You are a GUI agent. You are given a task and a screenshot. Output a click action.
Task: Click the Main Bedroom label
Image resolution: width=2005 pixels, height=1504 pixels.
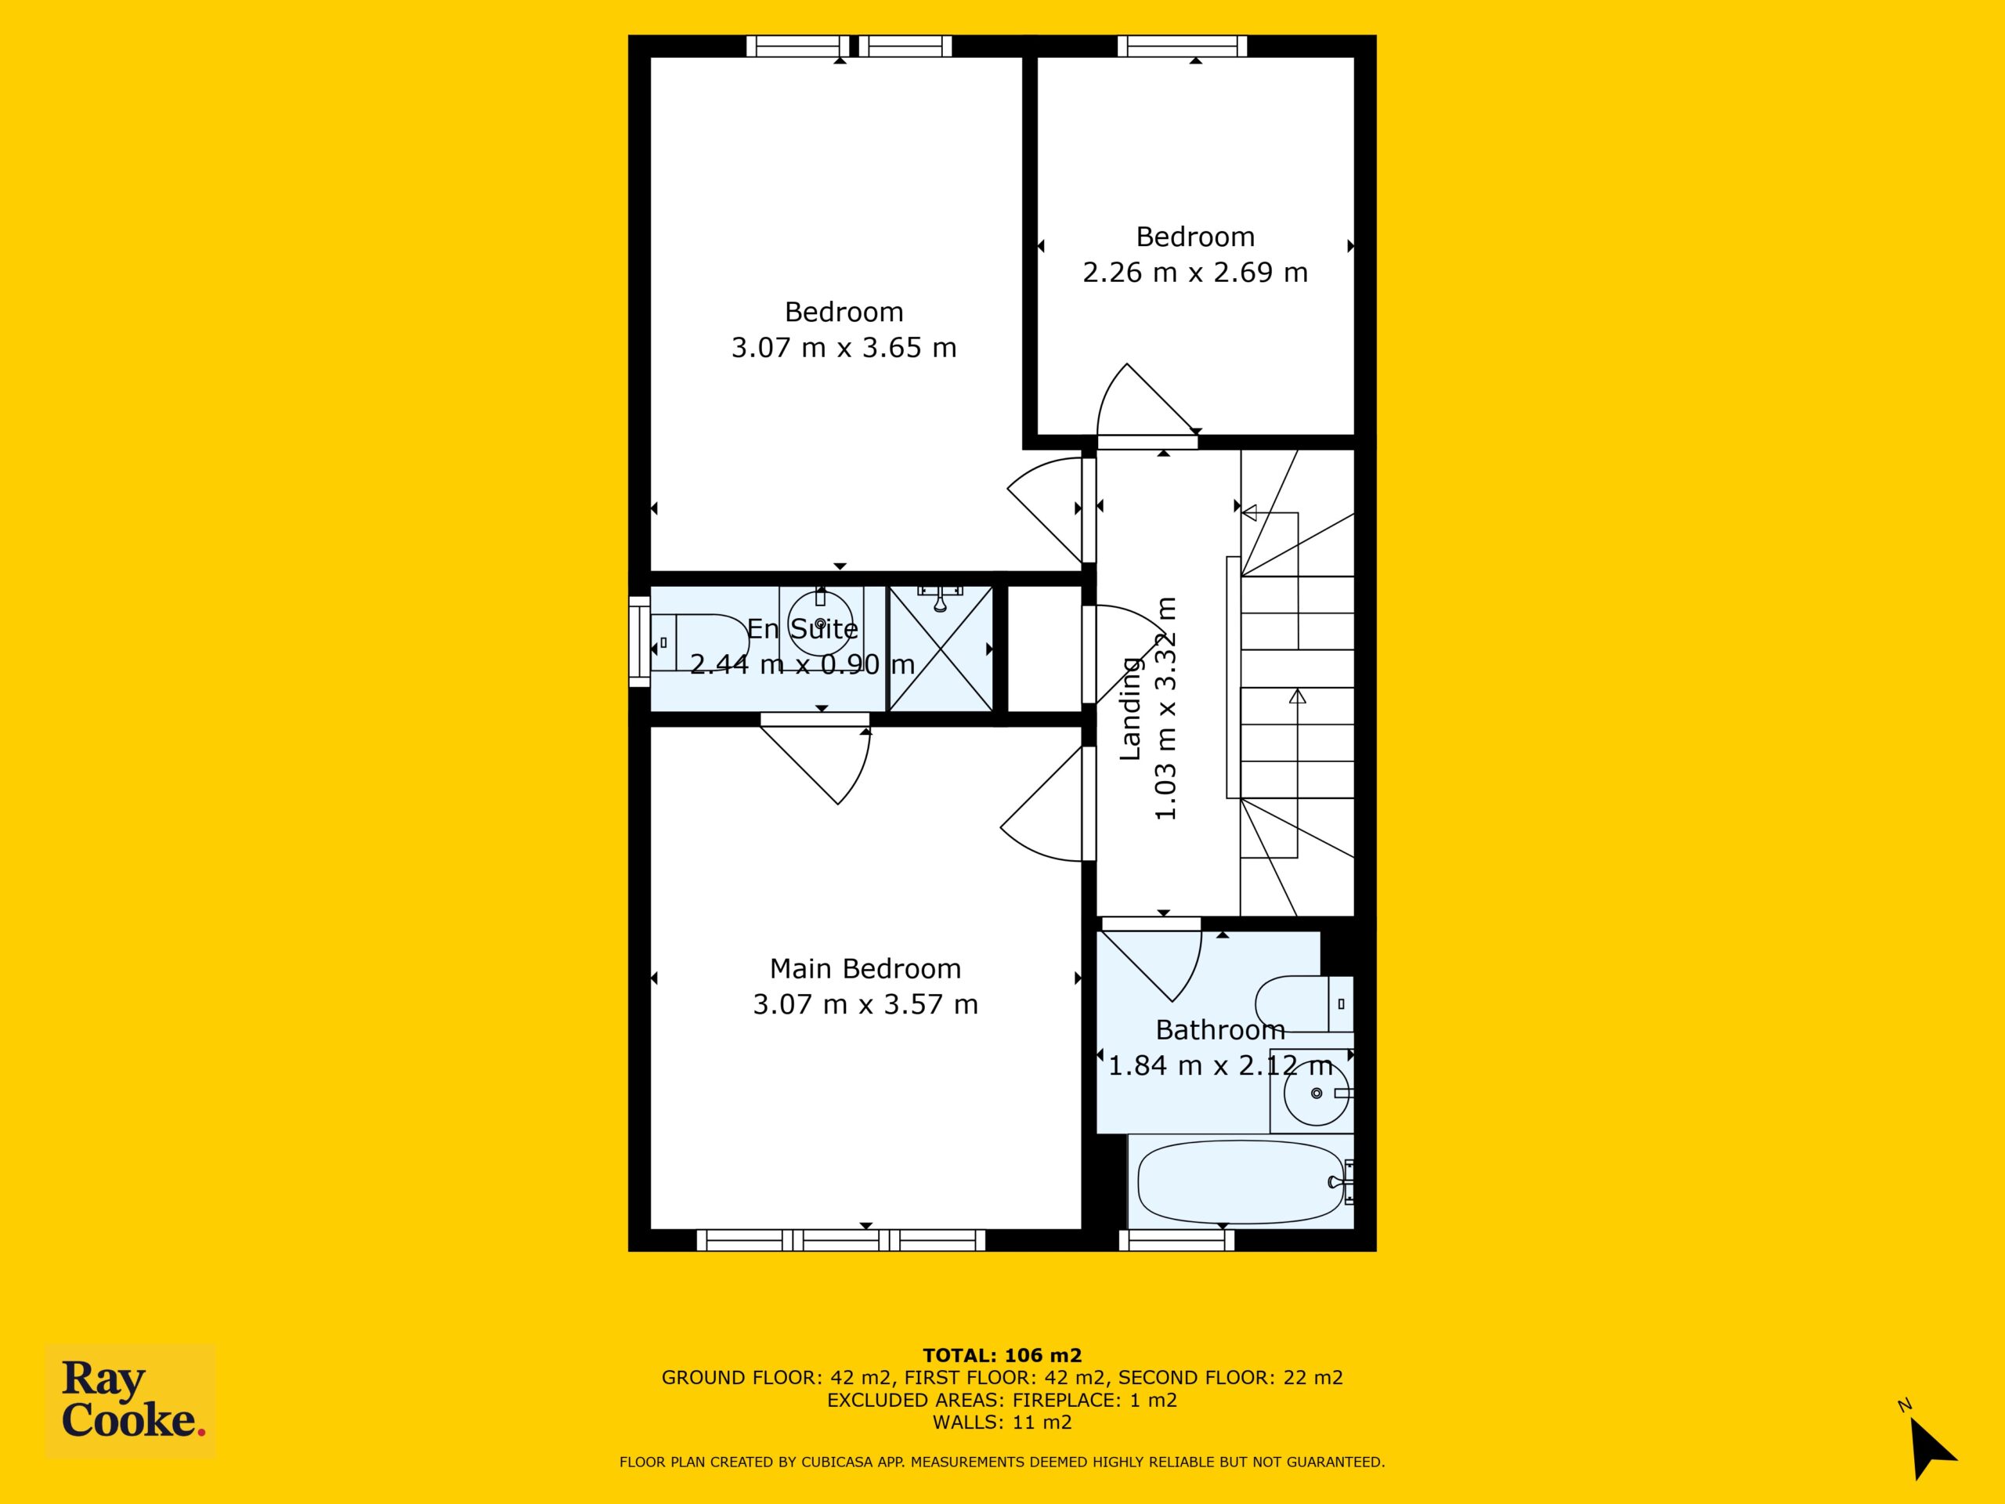865,968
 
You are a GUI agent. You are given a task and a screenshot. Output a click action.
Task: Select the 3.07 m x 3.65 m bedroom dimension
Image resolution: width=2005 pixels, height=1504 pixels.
844,347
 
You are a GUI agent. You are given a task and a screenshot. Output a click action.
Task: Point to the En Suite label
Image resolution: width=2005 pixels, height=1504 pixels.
802,628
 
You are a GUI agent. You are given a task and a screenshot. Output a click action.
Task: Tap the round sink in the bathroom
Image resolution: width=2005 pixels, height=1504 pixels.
1315,1094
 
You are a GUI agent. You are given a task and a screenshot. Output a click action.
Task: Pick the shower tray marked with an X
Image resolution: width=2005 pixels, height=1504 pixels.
940,647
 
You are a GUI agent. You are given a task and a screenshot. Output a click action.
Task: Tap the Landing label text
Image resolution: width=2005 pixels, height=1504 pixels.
1129,709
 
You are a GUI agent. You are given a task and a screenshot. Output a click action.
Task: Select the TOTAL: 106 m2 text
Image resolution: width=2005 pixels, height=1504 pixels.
1002,1355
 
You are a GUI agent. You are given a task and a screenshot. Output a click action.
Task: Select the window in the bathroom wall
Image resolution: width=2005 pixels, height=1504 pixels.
1177,1240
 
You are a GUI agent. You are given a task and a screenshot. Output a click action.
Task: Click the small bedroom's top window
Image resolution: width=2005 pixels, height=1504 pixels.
1182,46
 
